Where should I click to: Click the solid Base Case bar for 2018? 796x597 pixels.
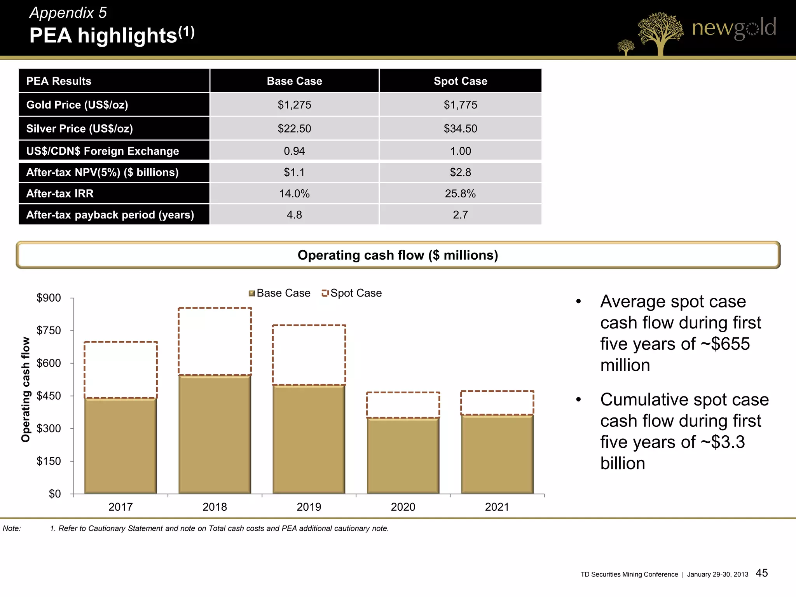tap(215, 435)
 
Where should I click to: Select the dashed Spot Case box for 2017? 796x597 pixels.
tap(120, 370)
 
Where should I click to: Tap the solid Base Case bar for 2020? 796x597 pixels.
tap(403, 456)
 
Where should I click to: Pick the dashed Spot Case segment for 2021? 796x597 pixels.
tap(497, 403)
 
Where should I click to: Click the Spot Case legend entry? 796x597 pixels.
tap(352, 293)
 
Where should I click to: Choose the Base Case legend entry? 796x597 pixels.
tap(279, 293)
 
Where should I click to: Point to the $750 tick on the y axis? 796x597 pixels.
tap(49, 330)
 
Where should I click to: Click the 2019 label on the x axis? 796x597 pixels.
tap(309, 507)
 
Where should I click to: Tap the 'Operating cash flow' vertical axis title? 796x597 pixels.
tap(26, 389)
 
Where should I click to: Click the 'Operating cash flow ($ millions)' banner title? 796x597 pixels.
tap(398, 255)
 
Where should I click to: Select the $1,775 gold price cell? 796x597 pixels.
tap(460, 105)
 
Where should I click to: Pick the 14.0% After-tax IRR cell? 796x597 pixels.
tap(294, 194)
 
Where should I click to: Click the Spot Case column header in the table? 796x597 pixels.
tap(460, 81)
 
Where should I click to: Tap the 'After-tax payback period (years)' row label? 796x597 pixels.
tap(110, 215)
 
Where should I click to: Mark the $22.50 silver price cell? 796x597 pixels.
tap(294, 129)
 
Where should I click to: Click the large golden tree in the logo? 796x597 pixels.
tap(660, 33)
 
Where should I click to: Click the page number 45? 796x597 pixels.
tap(761, 573)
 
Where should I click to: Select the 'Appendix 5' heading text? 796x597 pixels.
tap(68, 13)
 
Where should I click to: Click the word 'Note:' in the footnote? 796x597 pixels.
tap(12, 529)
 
